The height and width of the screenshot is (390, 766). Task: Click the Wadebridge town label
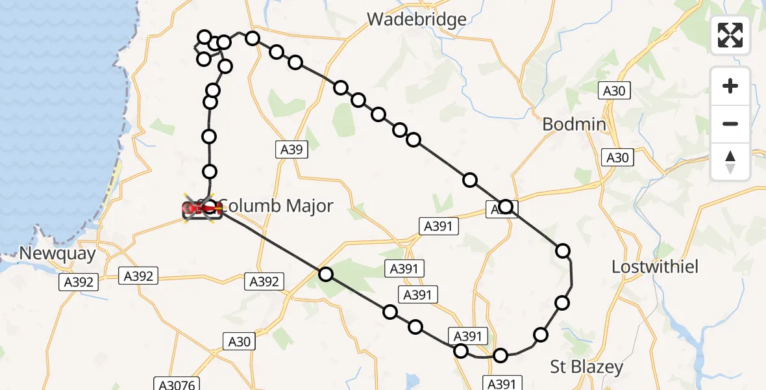tap(416, 19)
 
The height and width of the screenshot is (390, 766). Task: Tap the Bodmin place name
tap(574, 124)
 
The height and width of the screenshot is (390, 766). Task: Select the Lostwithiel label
tap(655, 267)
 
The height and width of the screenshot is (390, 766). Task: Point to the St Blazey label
tap(586, 367)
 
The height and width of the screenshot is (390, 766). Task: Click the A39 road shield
tap(291, 150)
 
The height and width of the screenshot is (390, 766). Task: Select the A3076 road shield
tap(175, 384)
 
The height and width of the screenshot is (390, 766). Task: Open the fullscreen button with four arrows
tap(730, 35)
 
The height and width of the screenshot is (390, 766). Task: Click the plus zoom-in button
tap(730, 86)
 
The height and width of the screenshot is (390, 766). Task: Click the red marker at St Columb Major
tap(202, 209)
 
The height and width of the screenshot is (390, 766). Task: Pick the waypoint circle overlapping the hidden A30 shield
tap(506, 207)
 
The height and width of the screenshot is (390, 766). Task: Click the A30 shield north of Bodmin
tap(613, 91)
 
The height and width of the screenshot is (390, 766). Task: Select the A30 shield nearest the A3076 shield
tap(239, 341)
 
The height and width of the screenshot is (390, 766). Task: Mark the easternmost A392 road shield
tap(264, 281)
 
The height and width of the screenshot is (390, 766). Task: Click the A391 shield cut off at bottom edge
tap(501, 383)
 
